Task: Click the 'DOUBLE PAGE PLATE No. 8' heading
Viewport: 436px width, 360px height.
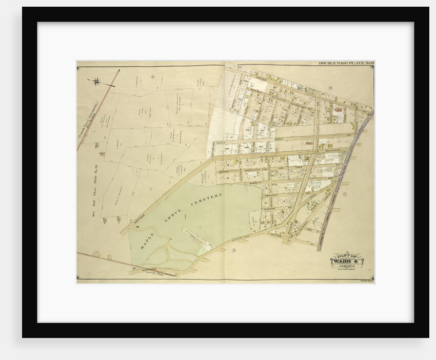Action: pyautogui.click(x=346, y=64)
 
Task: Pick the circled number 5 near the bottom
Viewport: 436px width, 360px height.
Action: pyautogui.click(x=233, y=250)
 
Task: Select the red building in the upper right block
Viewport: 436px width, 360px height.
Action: pyautogui.click(x=338, y=109)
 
